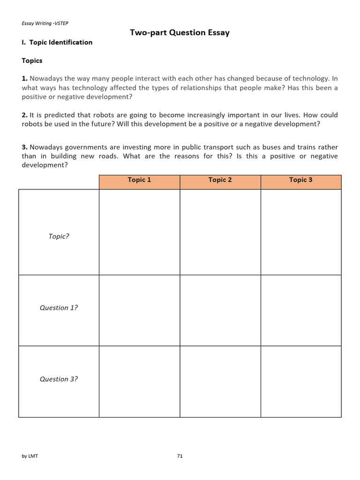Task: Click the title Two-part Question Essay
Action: (x=180, y=32)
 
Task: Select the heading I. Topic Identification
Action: (x=57, y=42)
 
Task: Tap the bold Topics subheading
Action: (x=32, y=60)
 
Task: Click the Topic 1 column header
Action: (x=139, y=180)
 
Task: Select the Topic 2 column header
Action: (x=220, y=180)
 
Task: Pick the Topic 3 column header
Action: (x=300, y=180)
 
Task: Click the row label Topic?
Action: (x=59, y=236)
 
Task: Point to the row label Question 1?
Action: (x=59, y=308)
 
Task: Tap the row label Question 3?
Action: (x=59, y=379)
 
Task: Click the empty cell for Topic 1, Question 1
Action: (x=139, y=310)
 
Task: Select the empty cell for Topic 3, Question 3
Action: (x=300, y=382)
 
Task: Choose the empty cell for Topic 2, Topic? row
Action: (x=220, y=232)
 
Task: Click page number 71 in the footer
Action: (x=180, y=456)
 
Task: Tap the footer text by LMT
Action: (x=30, y=456)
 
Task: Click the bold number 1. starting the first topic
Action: (x=25, y=79)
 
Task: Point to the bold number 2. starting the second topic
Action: (x=25, y=115)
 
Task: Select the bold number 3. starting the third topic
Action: (x=25, y=147)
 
